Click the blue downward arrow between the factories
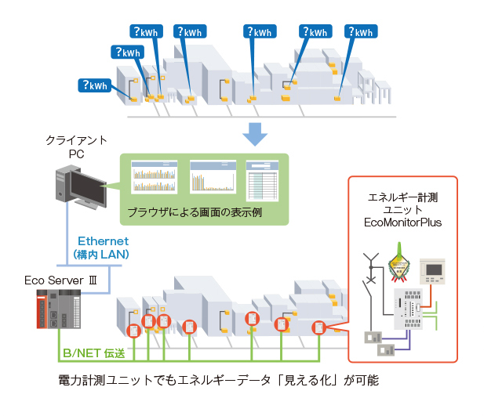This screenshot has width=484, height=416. point(255,134)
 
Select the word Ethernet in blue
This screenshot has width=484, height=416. point(103,241)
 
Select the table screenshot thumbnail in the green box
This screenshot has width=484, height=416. point(262,179)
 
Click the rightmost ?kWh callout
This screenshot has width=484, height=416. point(359,33)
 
